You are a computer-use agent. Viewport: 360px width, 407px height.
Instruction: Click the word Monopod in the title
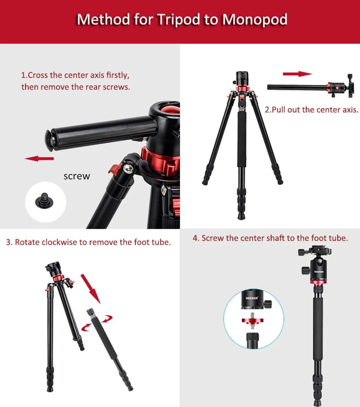(255, 19)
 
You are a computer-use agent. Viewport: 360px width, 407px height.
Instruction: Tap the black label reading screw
(77, 176)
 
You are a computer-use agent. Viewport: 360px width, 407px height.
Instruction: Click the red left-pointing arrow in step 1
(39, 159)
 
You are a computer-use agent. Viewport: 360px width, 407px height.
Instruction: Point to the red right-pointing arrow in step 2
(297, 74)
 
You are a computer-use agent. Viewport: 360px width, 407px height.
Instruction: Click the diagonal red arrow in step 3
(91, 289)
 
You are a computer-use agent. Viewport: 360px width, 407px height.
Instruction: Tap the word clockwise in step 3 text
(58, 242)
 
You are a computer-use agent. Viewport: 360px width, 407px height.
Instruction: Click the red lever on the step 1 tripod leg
(114, 168)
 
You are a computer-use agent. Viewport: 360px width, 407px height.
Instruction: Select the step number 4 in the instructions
(195, 238)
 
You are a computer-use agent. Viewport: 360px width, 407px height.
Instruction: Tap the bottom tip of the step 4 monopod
(318, 402)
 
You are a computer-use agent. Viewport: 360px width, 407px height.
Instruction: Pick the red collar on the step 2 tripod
(240, 89)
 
